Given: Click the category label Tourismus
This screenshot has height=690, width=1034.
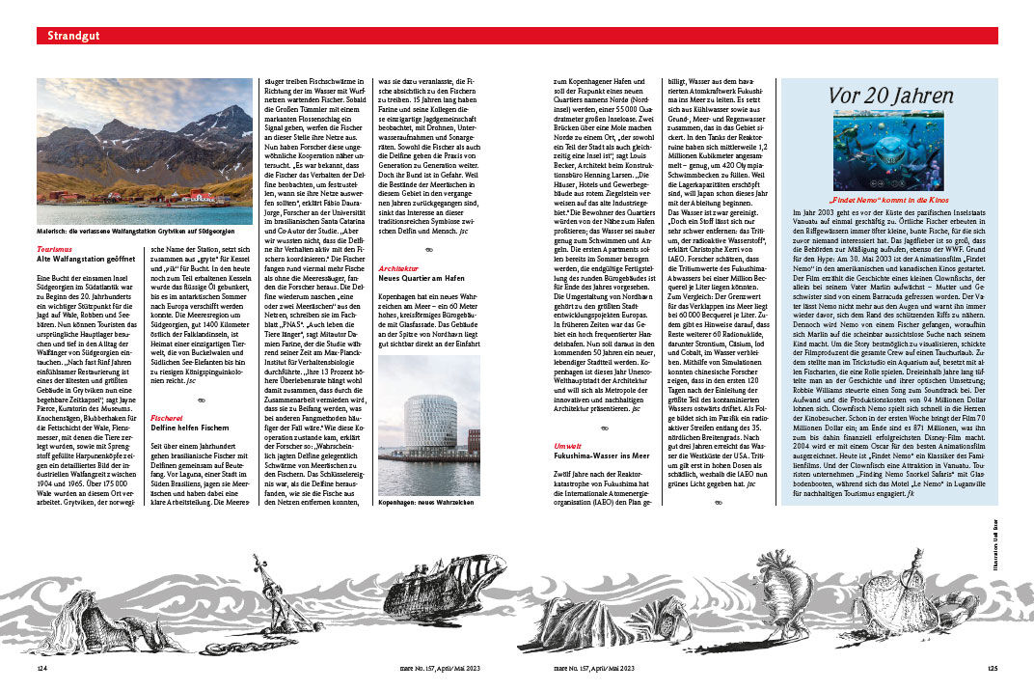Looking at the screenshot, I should (x=53, y=249).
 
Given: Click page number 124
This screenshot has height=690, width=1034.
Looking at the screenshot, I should (x=43, y=667).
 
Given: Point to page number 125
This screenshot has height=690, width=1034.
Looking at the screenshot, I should (x=993, y=667).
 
